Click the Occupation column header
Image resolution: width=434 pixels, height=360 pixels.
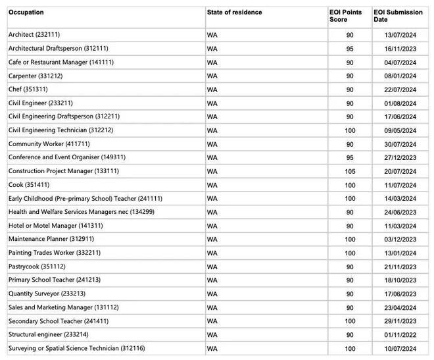click(x=26, y=13)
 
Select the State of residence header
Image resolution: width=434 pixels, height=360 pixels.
click(x=234, y=13)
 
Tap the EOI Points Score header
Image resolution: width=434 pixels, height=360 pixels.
click(x=345, y=16)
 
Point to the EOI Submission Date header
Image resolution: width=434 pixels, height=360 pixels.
click(x=398, y=16)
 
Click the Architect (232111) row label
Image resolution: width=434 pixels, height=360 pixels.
click(x=34, y=34)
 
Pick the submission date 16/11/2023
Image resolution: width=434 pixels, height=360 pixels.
click(x=400, y=49)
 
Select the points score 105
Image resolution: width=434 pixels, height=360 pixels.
click(x=350, y=171)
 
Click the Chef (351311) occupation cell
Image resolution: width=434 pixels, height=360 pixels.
click(x=28, y=90)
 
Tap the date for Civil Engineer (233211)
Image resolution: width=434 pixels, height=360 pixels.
click(x=400, y=103)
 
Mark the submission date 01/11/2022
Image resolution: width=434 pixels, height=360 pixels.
click(x=400, y=335)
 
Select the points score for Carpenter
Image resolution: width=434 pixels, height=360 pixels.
click(x=350, y=76)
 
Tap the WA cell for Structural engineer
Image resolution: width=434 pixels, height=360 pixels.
click(x=212, y=335)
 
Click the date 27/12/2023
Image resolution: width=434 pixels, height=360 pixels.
click(x=400, y=158)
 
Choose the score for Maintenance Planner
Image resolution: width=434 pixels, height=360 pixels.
click(x=350, y=240)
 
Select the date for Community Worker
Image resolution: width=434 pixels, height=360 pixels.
click(x=400, y=145)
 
